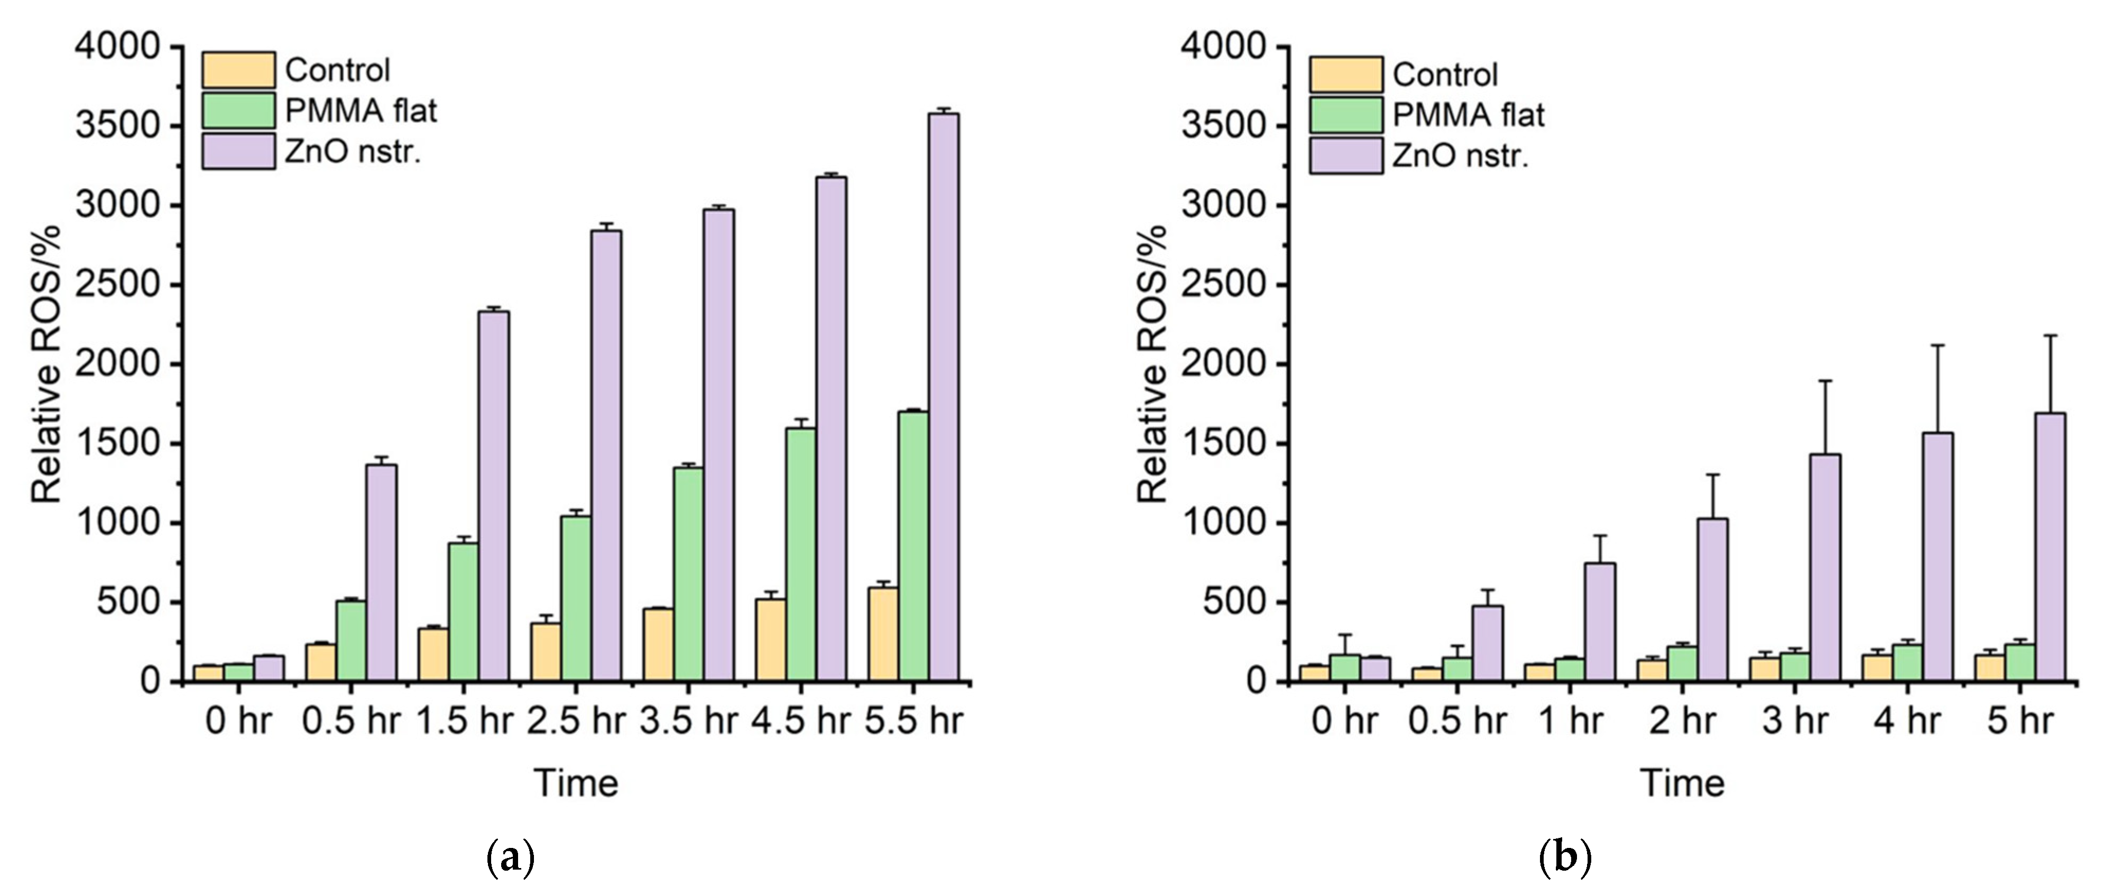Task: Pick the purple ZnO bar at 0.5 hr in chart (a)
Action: (381, 572)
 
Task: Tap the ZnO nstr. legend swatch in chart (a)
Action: (238, 152)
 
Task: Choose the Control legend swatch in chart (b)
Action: (1346, 74)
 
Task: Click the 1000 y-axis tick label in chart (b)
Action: (1224, 523)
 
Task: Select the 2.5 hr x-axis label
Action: (576, 720)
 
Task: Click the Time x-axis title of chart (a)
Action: (576, 782)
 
